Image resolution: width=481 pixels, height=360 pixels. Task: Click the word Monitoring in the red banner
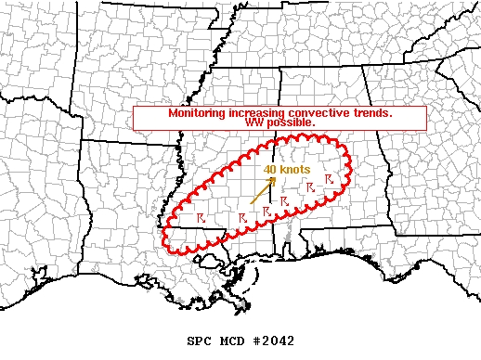(196, 113)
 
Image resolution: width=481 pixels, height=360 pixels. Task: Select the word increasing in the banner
(253, 113)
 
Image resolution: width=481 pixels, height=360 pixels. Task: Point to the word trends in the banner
(371, 113)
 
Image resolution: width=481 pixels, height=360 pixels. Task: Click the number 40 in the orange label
(269, 170)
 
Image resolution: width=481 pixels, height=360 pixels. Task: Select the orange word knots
(294, 170)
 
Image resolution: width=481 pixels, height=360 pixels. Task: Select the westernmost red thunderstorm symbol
(201, 218)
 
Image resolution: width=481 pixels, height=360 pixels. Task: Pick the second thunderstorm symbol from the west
(241, 216)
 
